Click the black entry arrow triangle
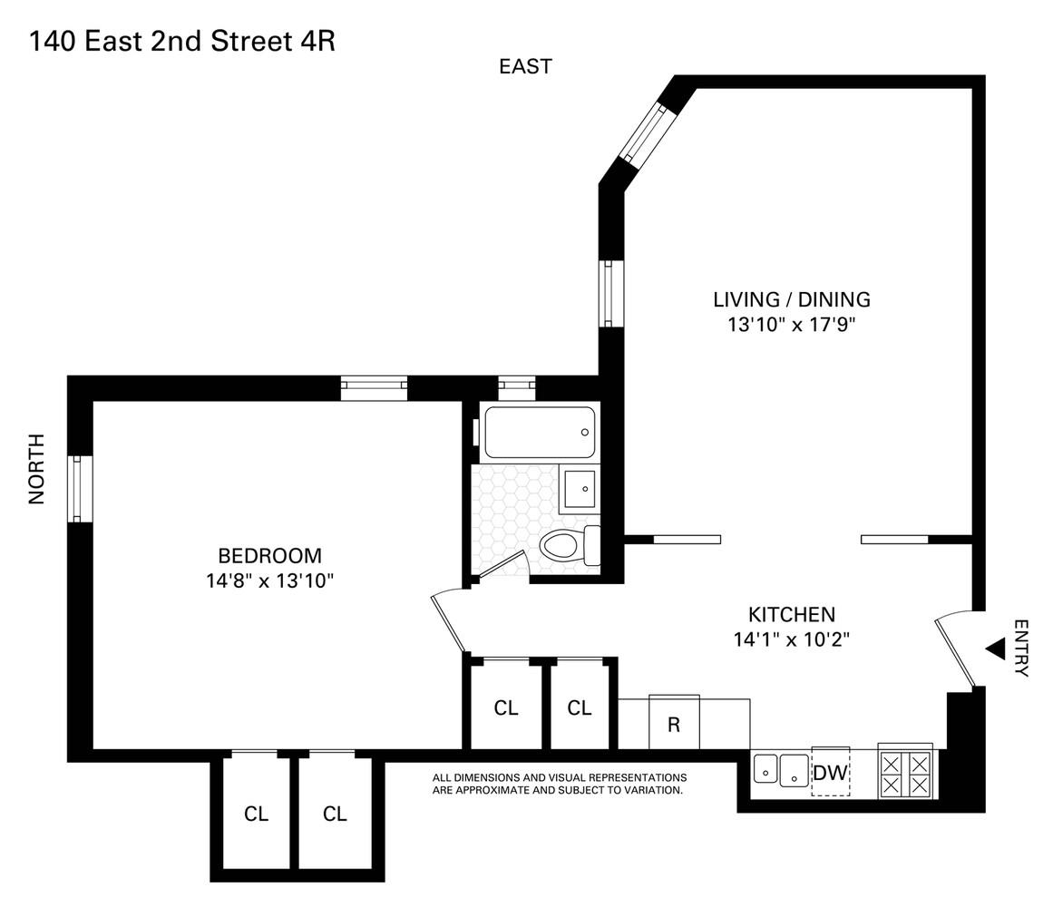coord(996,648)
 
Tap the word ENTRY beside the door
coord(1021,648)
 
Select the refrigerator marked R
coord(674,723)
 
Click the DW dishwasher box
coord(830,773)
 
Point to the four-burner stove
coord(907,773)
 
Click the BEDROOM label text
coord(269,556)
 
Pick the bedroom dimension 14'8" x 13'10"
coord(269,580)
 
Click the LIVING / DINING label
coord(791,299)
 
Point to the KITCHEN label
coord(791,614)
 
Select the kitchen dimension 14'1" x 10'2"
coord(791,639)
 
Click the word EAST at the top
coord(525,66)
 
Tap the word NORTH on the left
coord(36,469)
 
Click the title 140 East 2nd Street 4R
coord(182,41)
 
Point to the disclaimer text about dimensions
coord(559,784)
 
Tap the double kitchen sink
coord(781,770)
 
